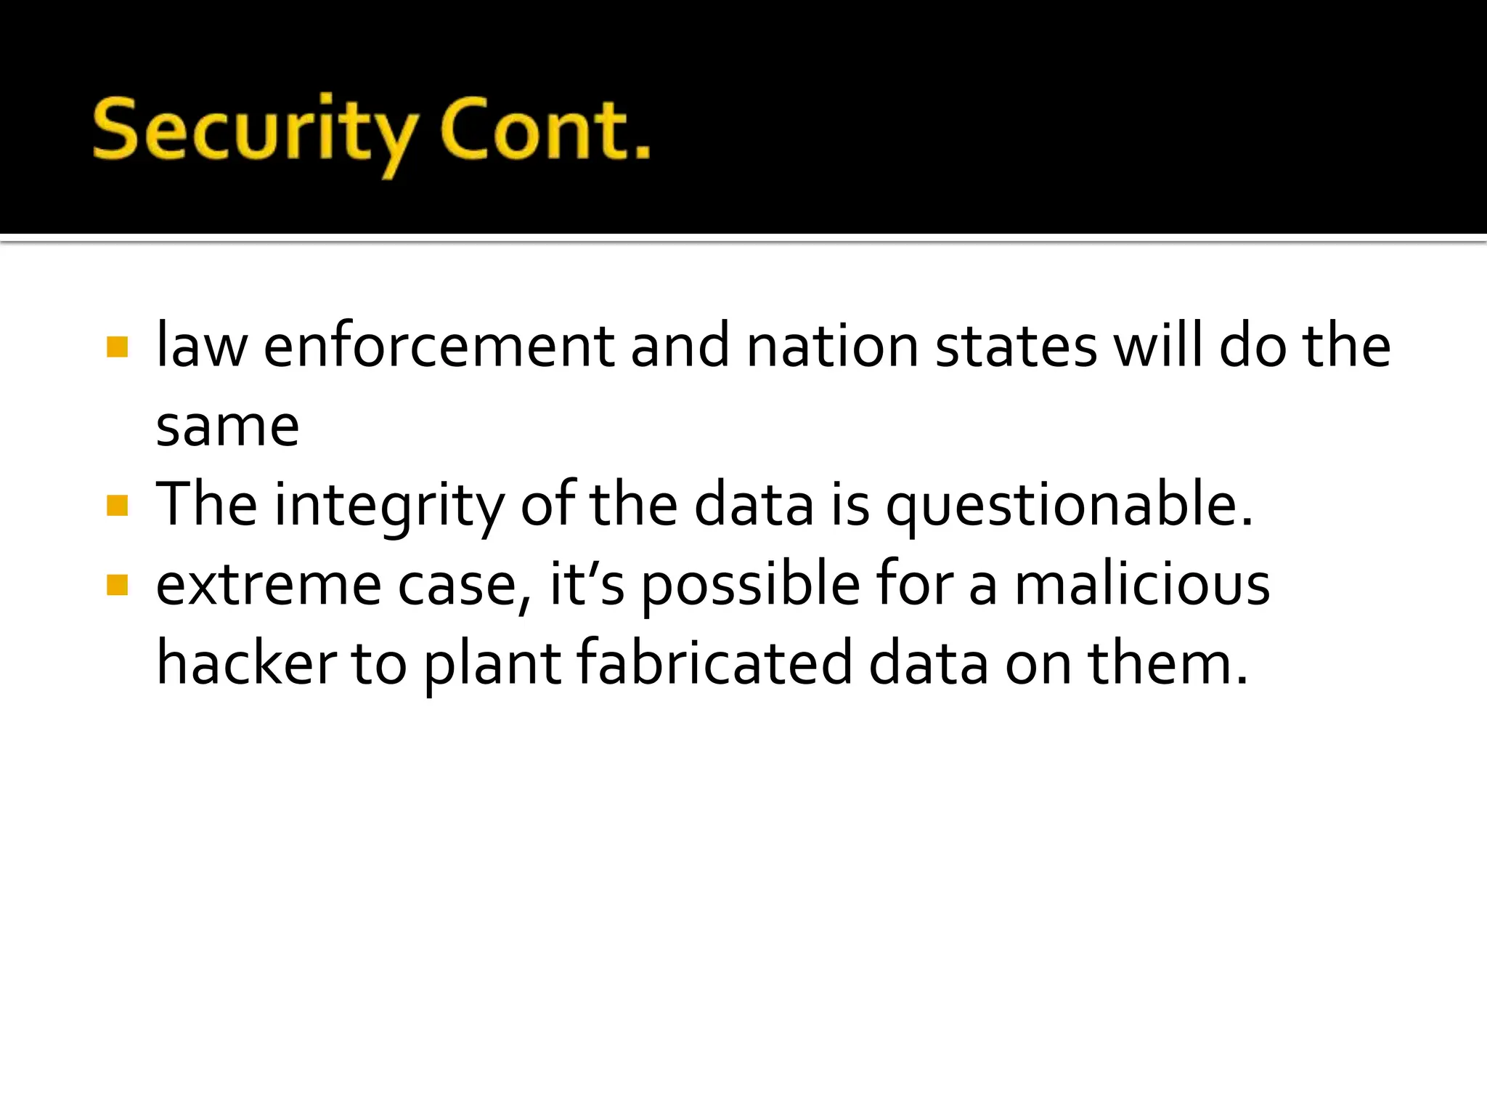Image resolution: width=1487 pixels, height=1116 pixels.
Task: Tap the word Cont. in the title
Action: pos(545,131)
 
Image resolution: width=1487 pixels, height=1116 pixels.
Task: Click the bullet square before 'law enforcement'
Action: pos(117,347)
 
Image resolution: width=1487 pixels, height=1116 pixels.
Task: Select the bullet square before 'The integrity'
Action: pos(117,505)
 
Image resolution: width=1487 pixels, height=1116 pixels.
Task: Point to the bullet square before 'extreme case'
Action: pos(117,585)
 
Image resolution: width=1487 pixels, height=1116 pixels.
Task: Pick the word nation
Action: pos(833,347)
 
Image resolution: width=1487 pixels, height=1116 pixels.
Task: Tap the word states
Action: pos(1016,347)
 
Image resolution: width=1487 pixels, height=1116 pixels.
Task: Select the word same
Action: pos(227,426)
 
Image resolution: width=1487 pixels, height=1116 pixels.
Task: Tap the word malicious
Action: pos(1141,584)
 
